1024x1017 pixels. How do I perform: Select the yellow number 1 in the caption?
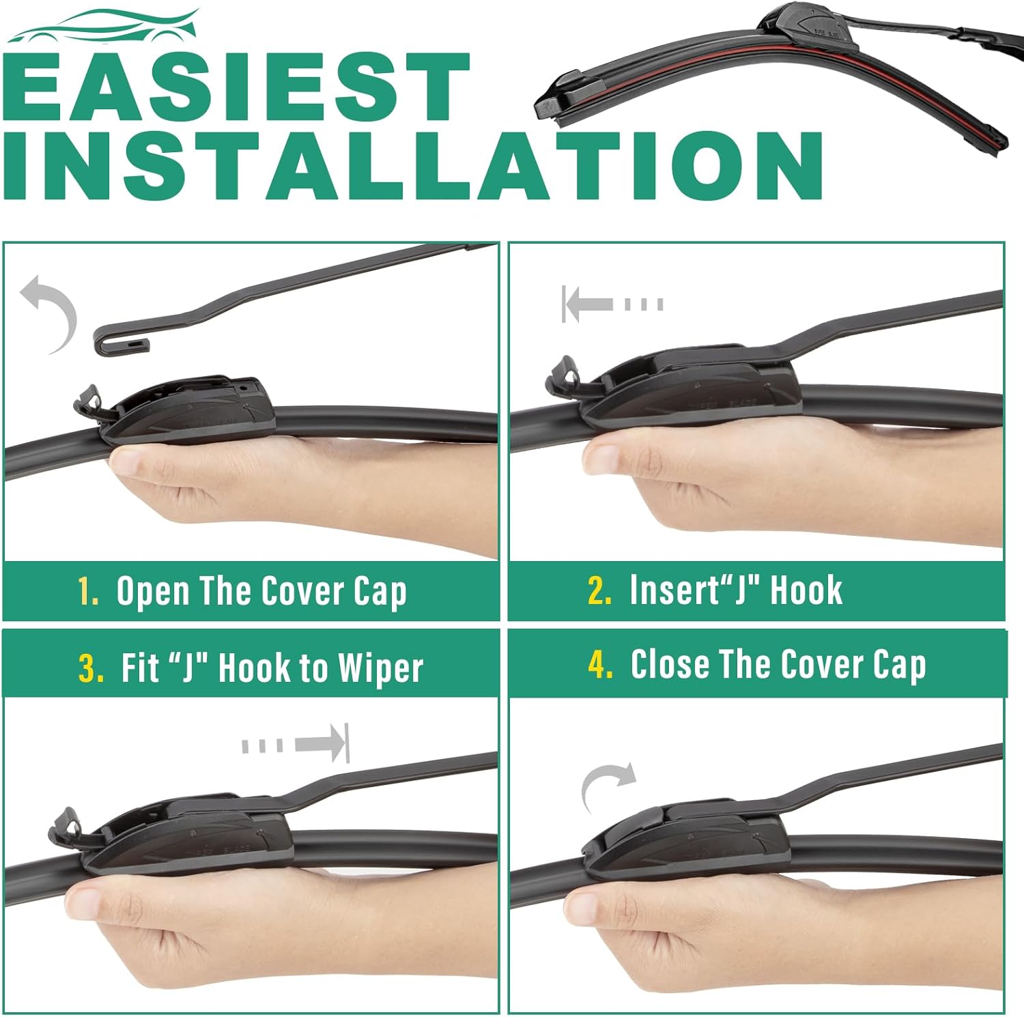[x=88, y=591]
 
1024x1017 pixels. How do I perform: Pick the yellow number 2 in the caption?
[x=599, y=590]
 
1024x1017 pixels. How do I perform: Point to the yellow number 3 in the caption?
[x=90, y=668]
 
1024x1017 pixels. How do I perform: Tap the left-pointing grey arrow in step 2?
[x=612, y=304]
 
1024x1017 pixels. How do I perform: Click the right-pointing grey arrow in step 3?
[x=296, y=743]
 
